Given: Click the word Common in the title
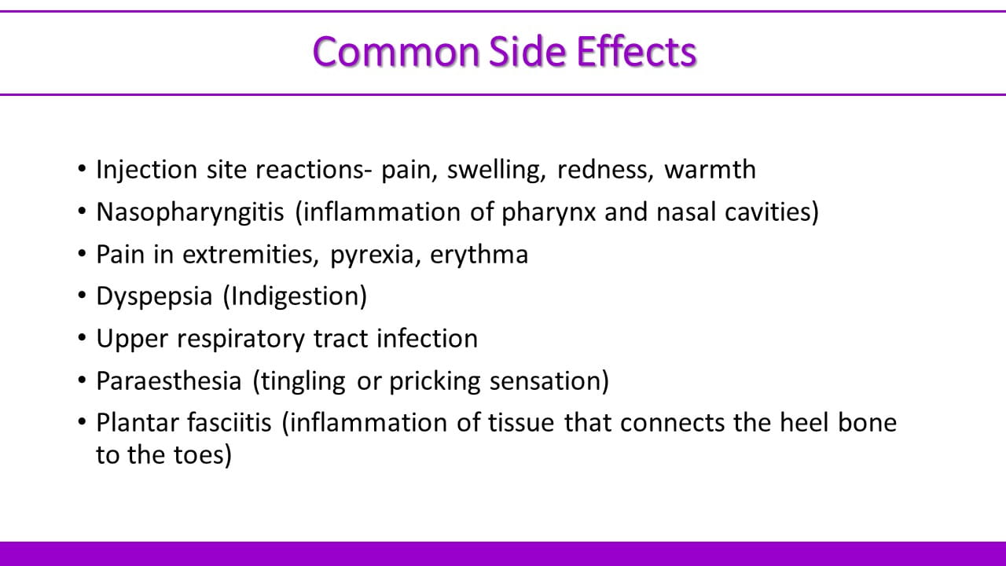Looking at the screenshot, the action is pos(397,52).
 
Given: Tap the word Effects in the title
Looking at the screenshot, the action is pos(637,52).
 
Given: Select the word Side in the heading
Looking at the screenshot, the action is pos(527,52).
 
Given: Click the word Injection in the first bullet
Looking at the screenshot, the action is pos(147,171).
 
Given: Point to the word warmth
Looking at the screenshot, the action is pos(710,169).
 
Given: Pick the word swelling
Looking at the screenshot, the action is pos(496,171).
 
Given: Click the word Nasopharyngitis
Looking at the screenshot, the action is pos(190,212).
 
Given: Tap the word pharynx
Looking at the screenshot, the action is pos(549,212).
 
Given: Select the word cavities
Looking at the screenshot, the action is pos(769,211).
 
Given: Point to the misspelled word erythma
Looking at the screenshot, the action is pos(479,255).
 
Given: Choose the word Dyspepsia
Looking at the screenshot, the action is pos(154,297).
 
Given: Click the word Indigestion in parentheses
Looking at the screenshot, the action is pos(295,296).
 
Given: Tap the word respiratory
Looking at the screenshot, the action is pos(240,339).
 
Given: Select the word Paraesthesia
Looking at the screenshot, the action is pos(169,381).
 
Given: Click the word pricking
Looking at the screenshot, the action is pos(435,382).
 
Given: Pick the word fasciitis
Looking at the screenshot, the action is pos(229,423).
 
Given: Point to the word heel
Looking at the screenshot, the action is pos(804,423).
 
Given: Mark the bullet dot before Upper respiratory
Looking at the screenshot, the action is pos(82,337).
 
